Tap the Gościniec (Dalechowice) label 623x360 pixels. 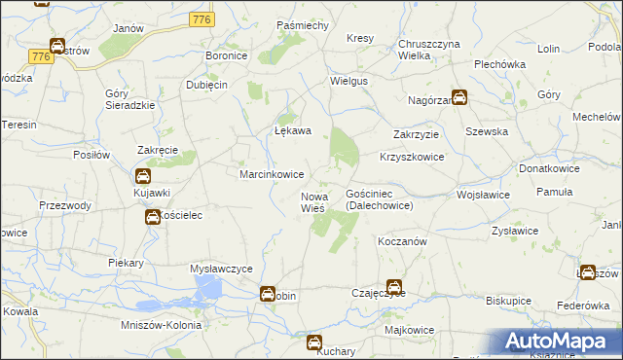[380, 200]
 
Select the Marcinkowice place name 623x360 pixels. [272, 174]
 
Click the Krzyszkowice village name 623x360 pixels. [411, 157]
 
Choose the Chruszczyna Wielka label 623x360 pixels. [428, 50]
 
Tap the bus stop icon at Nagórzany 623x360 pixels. [458, 97]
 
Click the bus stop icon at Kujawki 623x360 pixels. [142, 176]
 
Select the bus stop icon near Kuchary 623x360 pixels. [314, 342]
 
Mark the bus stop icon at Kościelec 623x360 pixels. [153, 216]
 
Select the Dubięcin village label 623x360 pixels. [206, 85]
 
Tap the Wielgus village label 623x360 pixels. [349, 81]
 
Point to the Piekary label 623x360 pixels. [127, 263]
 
